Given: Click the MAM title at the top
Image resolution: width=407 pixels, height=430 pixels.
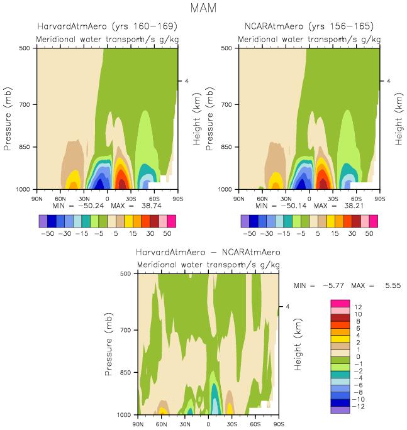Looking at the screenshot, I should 203,8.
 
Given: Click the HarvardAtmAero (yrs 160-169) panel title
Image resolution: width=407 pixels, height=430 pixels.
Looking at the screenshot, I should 107,26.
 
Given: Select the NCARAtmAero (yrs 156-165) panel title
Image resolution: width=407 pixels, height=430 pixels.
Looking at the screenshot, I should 309,26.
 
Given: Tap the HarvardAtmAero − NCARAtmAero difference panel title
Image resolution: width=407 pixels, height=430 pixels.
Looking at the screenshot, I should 208,252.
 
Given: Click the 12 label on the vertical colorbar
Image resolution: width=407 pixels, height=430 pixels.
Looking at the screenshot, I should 357,307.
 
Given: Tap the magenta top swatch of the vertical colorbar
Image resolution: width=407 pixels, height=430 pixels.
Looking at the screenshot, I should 340,304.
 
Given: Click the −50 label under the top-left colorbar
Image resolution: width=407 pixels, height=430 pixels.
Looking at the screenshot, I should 47,232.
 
